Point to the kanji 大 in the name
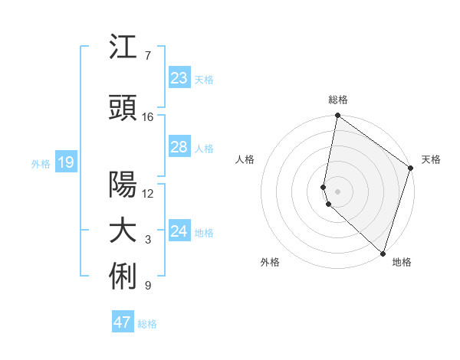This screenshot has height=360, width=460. (x=123, y=231)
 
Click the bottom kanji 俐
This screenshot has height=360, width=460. (x=123, y=277)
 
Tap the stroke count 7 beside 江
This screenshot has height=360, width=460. (x=148, y=56)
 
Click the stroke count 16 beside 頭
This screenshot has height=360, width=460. (x=148, y=117)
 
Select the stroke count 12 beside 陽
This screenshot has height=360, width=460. (x=148, y=194)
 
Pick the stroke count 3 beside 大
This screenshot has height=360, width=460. (x=148, y=241)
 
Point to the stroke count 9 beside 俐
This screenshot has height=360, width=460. (x=148, y=286)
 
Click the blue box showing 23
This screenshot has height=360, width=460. (x=179, y=78)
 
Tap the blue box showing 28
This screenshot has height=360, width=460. (x=179, y=147)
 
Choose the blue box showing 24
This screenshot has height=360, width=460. (x=179, y=231)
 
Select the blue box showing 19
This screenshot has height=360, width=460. (x=66, y=162)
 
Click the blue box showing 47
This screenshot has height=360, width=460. (x=123, y=322)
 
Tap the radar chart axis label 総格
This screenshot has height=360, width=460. (x=338, y=100)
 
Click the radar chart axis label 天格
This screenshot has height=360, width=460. (x=431, y=159)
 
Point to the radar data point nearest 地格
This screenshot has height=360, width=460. (x=383, y=253)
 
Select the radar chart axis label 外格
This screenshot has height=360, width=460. (x=270, y=262)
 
